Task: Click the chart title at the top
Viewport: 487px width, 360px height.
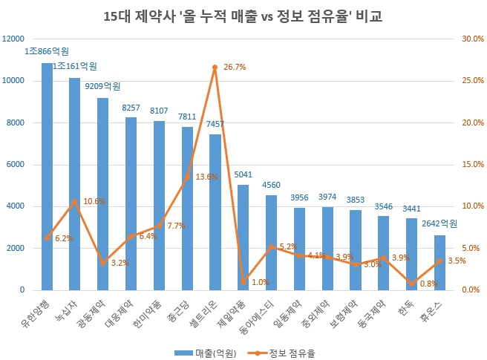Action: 244,16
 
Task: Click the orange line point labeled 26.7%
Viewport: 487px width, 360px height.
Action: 215,67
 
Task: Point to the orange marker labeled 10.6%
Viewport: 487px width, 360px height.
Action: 75,201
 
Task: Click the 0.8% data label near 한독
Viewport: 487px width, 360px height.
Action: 428,283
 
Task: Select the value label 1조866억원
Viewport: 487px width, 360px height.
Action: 47,52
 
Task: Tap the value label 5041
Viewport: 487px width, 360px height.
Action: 243,175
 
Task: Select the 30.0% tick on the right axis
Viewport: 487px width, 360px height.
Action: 472,39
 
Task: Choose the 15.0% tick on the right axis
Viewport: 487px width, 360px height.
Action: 472,165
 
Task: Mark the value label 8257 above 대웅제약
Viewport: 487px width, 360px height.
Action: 131,108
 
